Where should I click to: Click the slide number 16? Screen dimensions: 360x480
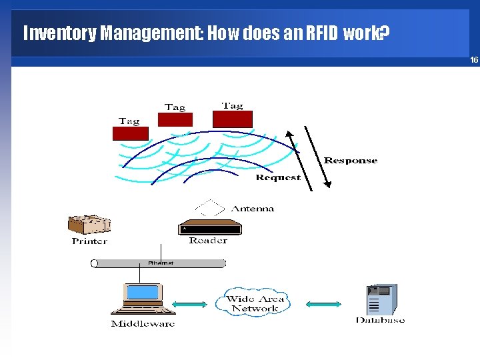(x=474, y=60)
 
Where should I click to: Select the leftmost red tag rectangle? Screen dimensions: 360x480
(x=130, y=133)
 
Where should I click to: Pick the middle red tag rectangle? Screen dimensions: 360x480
(x=175, y=119)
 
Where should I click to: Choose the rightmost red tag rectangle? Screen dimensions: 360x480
(x=232, y=119)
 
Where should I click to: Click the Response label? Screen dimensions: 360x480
(x=351, y=161)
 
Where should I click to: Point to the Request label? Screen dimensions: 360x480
(x=278, y=177)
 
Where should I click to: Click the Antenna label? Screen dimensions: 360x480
(x=253, y=209)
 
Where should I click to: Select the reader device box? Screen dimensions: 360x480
(x=209, y=227)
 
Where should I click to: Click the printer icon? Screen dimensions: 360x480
(x=89, y=225)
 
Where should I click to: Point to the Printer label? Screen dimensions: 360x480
(x=89, y=241)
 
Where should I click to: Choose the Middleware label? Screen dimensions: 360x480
(x=143, y=324)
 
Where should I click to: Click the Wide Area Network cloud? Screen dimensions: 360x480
(x=255, y=303)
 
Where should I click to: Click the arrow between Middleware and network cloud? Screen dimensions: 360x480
(x=193, y=305)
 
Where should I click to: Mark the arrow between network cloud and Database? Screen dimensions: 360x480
(x=324, y=305)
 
